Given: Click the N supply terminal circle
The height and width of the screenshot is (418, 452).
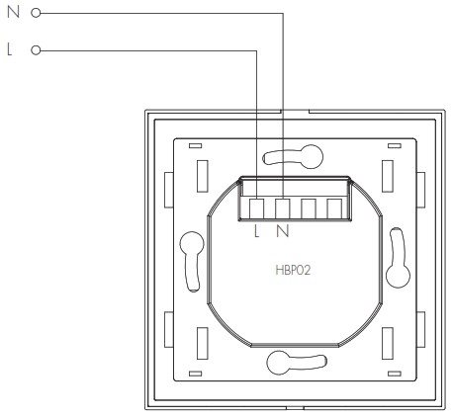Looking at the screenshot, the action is click(36, 13).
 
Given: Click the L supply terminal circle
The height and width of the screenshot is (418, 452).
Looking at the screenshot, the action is click(36, 50).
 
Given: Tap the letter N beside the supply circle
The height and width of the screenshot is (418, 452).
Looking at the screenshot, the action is click(13, 12).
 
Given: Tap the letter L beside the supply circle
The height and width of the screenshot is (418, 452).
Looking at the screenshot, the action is click(10, 49).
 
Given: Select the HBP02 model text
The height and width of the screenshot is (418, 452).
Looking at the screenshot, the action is click(293, 271).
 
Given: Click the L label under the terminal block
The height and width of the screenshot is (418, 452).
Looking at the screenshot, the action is click(257, 231).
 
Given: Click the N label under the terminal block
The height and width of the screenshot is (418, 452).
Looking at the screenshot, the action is click(283, 231).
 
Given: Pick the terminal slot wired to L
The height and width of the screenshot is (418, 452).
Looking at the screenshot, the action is click(256, 209).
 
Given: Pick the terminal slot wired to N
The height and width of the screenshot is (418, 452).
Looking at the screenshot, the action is click(283, 209).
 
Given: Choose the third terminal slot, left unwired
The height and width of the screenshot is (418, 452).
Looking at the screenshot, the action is click(309, 209).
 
